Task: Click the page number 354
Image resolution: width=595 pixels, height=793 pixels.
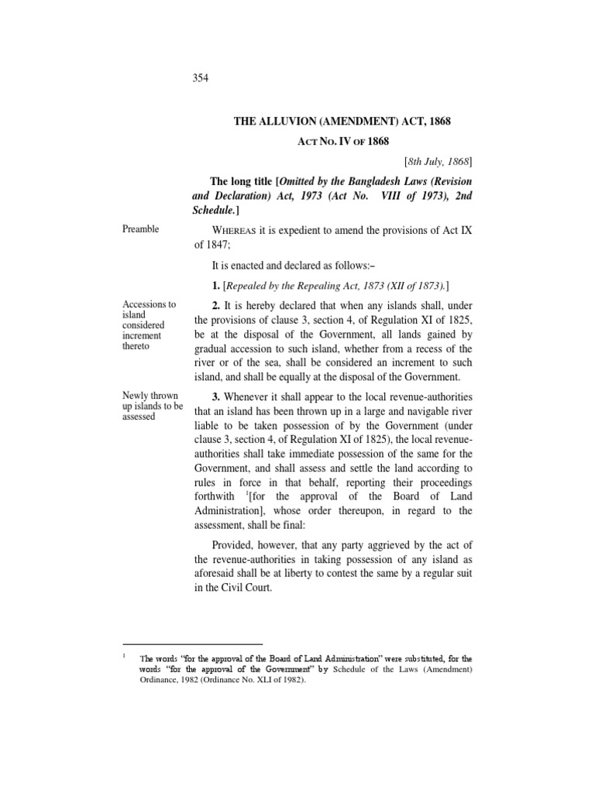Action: (201, 78)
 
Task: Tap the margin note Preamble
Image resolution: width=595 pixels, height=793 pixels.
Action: (142, 229)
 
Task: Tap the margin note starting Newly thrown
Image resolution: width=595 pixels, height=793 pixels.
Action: (152, 395)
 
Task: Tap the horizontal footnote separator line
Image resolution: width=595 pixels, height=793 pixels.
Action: (193, 644)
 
